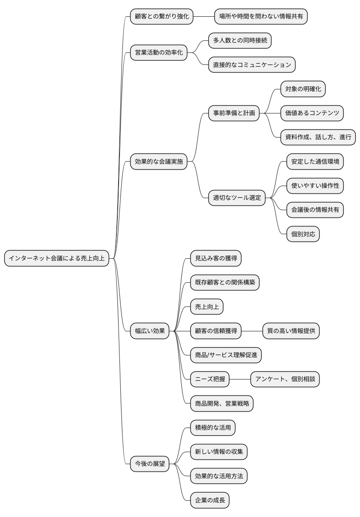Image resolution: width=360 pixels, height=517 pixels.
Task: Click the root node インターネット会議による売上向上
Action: (57, 258)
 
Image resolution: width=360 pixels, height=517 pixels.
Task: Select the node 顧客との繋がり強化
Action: (162, 16)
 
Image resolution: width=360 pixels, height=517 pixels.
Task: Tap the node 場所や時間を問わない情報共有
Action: (261, 16)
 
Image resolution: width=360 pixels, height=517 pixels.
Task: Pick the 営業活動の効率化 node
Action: (159, 52)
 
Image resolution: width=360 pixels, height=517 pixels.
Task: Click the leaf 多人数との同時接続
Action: (240, 41)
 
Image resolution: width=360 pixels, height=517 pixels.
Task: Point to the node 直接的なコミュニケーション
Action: (252, 65)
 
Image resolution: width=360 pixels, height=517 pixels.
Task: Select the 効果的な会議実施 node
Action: (159, 162)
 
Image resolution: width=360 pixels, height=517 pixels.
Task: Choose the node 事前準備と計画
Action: (234, 113)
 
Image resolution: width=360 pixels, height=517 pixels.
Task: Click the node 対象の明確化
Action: (303, 89)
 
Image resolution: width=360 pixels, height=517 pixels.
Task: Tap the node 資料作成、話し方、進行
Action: (318, 138)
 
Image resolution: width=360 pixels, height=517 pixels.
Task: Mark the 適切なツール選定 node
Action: (237, 198)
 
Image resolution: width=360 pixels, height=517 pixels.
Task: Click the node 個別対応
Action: (303, 234)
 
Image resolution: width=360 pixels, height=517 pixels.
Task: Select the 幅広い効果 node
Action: (149, 331)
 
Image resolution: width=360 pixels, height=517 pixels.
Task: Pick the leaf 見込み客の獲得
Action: (216, 258)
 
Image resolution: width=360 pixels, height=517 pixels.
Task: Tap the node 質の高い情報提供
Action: (291, 331)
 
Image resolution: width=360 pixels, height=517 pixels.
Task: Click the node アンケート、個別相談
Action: (285, 379)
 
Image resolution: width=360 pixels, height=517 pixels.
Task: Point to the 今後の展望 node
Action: (149, 464)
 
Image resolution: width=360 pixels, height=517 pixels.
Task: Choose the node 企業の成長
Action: (210, 500)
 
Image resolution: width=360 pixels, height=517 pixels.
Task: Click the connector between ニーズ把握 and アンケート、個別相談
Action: (240, 379)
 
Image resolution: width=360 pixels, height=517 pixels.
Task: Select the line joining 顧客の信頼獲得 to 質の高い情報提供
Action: (252, 331)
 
